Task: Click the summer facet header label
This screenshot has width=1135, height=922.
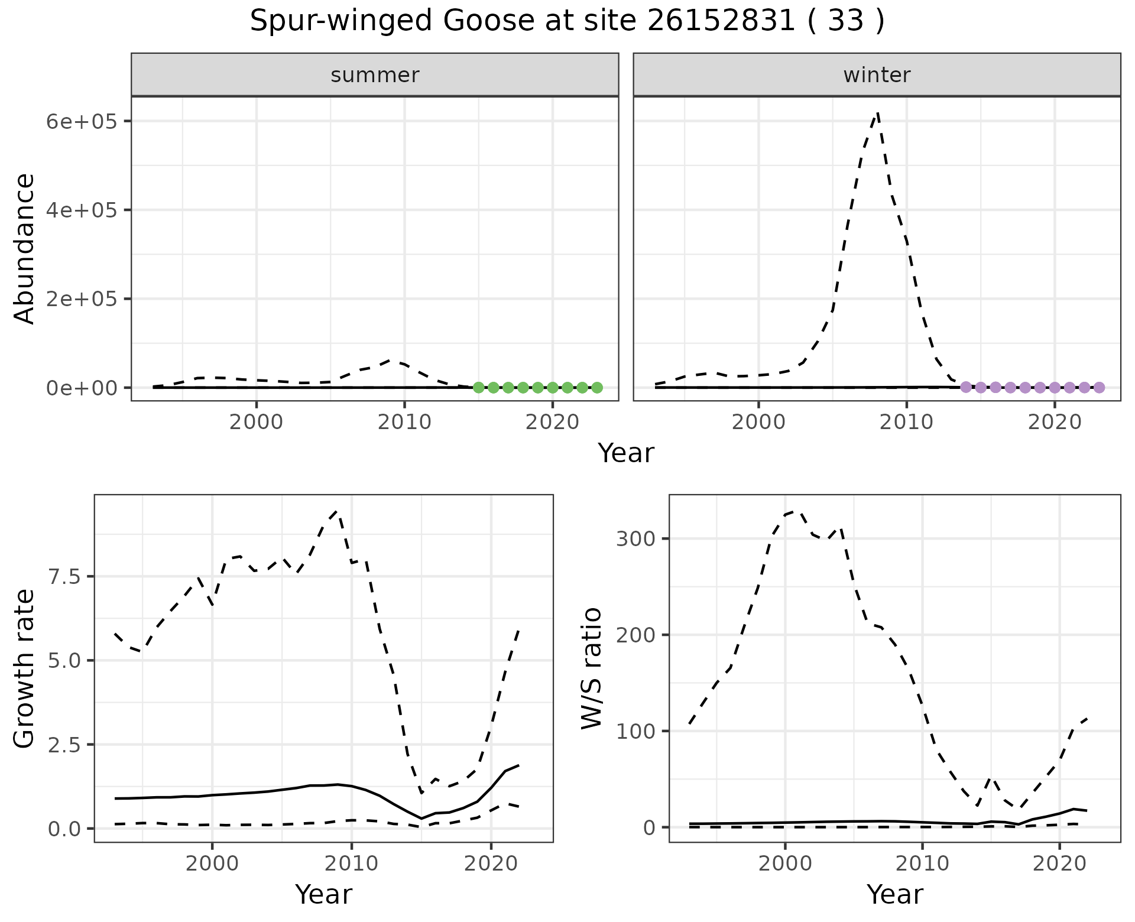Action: point(375,75)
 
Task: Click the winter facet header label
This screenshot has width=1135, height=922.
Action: point(877,75)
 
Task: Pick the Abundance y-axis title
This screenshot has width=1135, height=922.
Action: point(25,248)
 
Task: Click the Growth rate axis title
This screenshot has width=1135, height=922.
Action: point(25,668)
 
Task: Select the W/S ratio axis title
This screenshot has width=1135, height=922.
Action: point(591,668)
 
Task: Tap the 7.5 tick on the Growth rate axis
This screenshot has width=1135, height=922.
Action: point(66,576)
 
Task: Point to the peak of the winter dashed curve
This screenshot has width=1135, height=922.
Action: point(878,112)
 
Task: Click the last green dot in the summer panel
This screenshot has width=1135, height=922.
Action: point(597,388)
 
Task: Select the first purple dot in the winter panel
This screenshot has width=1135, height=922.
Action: point(966,388)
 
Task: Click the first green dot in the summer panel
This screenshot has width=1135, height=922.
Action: point(479,388)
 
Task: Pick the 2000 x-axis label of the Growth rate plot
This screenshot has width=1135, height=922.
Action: point(212,863)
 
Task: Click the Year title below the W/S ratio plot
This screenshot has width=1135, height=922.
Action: point(894,894)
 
